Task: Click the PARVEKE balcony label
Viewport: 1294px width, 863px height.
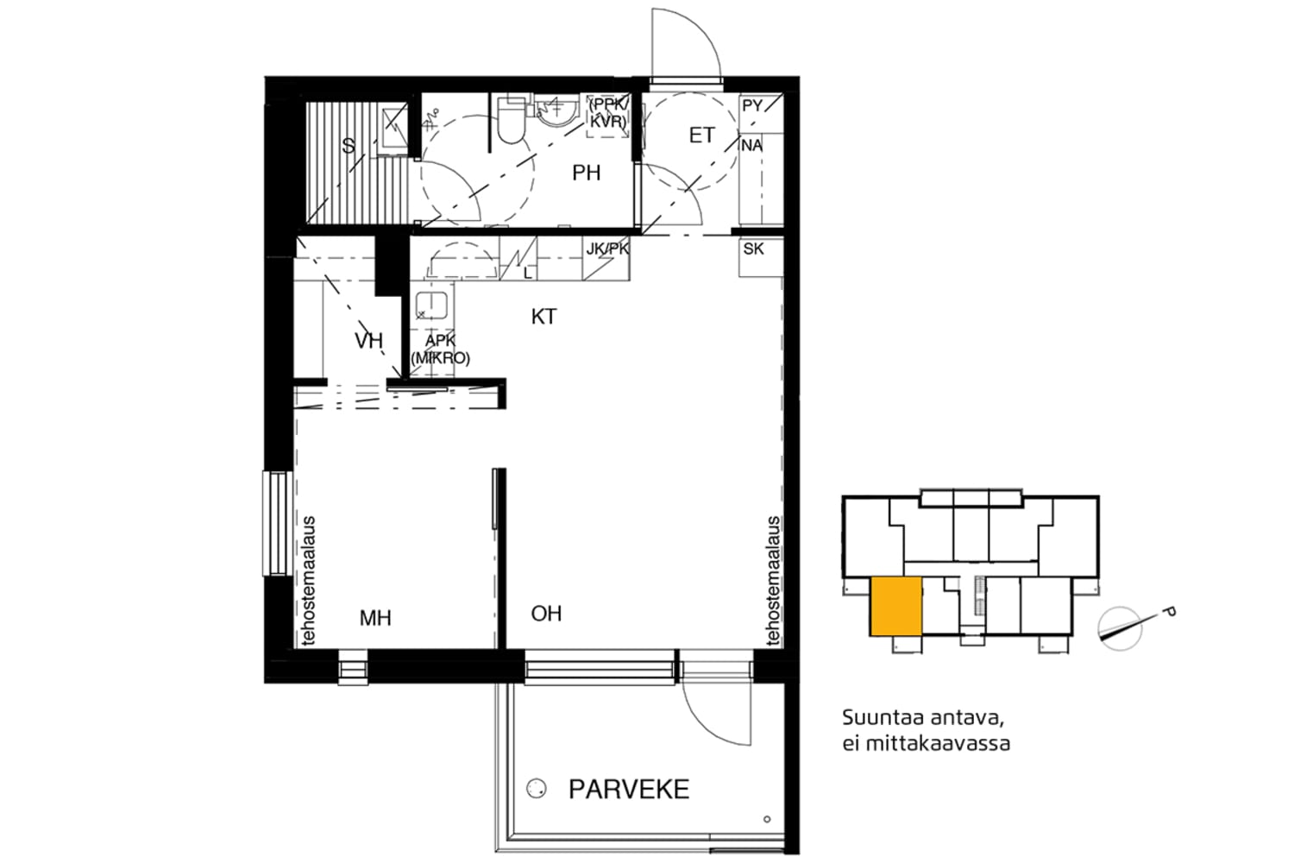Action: tap(629, 790)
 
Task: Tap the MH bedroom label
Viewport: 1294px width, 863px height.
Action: tap(375, 619)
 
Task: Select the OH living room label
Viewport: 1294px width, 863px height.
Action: tap(546, 614)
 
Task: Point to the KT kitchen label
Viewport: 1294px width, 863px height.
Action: tap(543, 317)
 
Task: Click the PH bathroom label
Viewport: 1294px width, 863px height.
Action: tap(587, 173)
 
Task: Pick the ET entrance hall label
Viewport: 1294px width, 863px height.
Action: tap(702, 135)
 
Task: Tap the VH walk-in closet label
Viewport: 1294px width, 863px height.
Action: tap(368, 341)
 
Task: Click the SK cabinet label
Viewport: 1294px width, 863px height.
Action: tap(753, 249)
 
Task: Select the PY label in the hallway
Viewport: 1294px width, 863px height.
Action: tap(752, 106)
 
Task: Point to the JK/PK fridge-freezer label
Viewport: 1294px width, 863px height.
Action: tap(607, 249)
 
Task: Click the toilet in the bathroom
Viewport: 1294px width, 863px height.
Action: tap(510, 119)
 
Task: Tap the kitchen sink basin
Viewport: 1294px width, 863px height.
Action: tap(431, 306)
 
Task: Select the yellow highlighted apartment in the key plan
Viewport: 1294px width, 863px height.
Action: tap(896, 607)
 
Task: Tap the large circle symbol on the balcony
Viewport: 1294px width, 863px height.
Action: tap(536, 789)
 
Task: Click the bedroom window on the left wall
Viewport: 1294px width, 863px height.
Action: tap(277, 524)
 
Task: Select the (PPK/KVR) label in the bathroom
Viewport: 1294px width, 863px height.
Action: tap(608, 113)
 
